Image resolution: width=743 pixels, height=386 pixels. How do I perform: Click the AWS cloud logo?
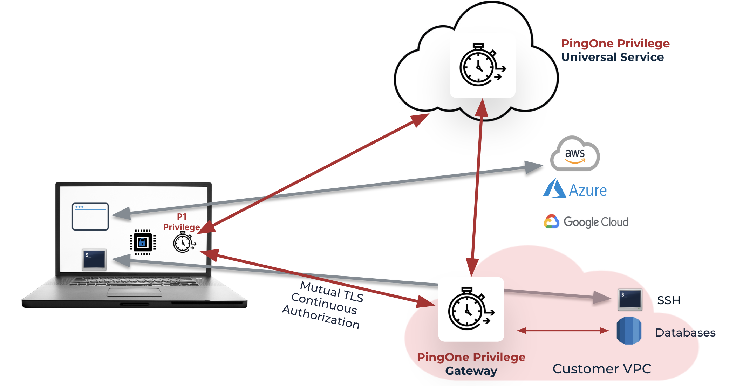click(x=575, y=154)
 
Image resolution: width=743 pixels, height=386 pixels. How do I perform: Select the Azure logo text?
click(x=587, y=190)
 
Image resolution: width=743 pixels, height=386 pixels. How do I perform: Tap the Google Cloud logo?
click(x=586, y=222)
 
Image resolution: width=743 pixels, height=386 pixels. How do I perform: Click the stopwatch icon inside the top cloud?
click(x=482, y=65)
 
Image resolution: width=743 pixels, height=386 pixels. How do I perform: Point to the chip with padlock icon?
click(x=142, y=242)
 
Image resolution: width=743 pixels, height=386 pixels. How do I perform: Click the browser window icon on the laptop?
click(x=90, y=217)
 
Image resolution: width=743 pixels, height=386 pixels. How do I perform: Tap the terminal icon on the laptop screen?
click(x=94, y=260)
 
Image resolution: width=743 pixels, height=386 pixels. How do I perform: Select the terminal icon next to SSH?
click(x=630, y=299)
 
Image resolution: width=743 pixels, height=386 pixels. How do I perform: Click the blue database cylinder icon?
click(x=629, y=331)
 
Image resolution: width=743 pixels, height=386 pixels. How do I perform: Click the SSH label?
click(x=668, y=300)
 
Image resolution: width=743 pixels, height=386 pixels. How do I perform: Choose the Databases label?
click(x=685, y=333)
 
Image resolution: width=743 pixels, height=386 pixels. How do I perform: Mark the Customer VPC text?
click(x=602, y=369)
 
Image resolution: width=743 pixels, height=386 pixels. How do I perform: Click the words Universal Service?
click(x=612, y=57)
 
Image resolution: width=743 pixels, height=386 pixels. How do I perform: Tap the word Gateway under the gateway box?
click(x=471, y=371)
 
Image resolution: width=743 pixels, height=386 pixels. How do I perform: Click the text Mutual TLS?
click(x=332, y=292)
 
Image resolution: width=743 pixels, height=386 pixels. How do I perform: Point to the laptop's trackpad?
click(x=134, y=292)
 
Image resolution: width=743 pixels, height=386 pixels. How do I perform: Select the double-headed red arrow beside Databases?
click(x=563, y=331)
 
